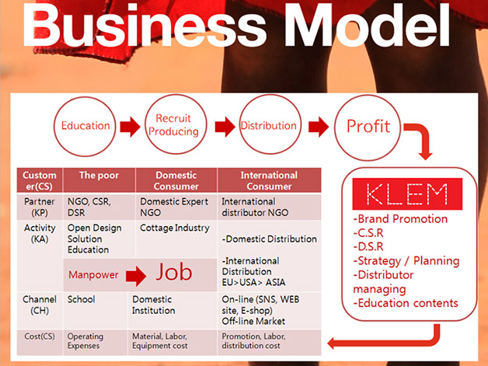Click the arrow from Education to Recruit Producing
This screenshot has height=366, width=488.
[130, 127]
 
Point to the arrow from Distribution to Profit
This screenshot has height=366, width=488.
[319, 127]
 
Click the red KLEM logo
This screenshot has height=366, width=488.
[407, 194]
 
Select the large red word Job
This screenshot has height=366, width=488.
[173, 272]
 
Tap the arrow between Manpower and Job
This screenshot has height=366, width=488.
[136, 275]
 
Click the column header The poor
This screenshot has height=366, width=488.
[99, 176]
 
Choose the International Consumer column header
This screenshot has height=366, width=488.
[269, 181]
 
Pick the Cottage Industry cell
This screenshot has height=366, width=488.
[175, 228]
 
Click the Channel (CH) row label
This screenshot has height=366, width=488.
[40, 305]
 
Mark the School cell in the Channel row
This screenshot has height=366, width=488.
[82, 299]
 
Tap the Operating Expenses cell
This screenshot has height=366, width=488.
[85, 341]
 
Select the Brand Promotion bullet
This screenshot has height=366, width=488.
[400, 219]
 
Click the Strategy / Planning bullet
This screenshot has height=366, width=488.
[406, 261]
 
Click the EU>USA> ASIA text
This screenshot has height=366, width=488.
[253, 282]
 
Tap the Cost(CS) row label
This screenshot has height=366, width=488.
[40, 336]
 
